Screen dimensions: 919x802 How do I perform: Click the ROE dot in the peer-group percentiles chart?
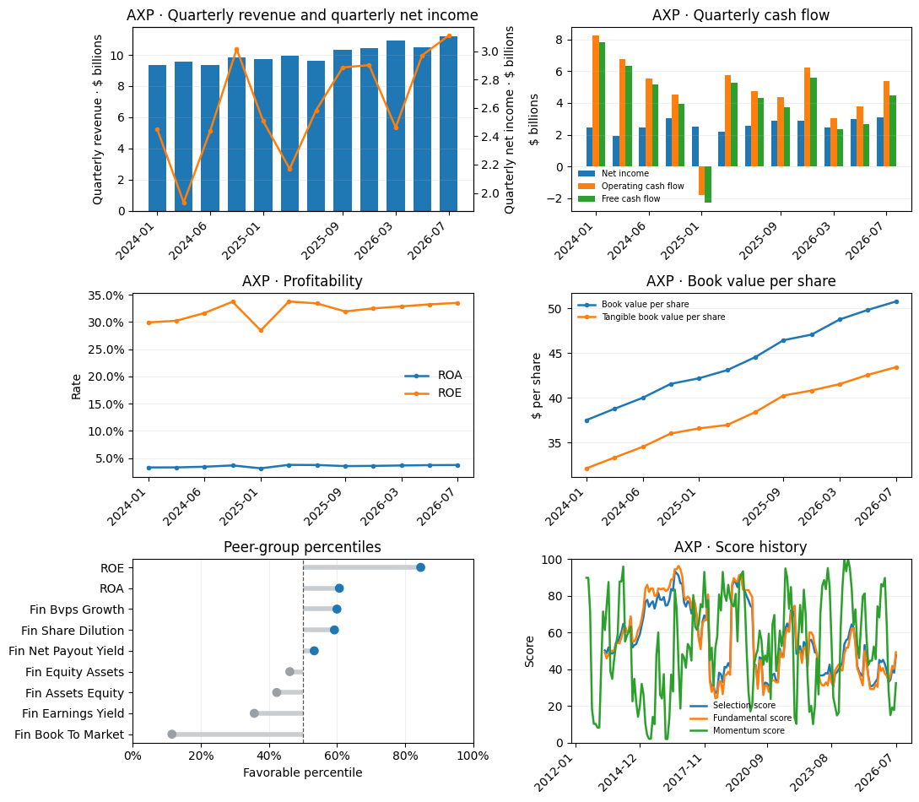[420, 567]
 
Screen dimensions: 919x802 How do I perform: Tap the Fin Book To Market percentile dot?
[171, 734]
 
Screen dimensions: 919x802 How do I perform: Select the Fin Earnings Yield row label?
[73, 713]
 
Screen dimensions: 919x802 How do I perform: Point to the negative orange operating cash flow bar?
[701, 181]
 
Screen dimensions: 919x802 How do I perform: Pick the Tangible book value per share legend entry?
[651, 317]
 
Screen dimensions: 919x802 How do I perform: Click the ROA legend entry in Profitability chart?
[434, 375]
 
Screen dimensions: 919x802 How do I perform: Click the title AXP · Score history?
[740, 547]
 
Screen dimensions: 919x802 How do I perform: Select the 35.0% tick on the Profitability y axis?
[105, 295]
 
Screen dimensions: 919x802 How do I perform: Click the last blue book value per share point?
[896, 302]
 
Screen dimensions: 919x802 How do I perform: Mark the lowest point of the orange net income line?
[184, 203]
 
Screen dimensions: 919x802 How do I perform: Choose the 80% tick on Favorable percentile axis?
[405, 756]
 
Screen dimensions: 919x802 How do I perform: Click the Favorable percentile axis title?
[302, 772]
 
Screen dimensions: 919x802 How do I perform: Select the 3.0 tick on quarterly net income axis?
[490, 51]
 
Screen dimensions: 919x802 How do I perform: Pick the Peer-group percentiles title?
[302, 547]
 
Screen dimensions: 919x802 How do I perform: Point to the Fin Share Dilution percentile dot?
[334, 631]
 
